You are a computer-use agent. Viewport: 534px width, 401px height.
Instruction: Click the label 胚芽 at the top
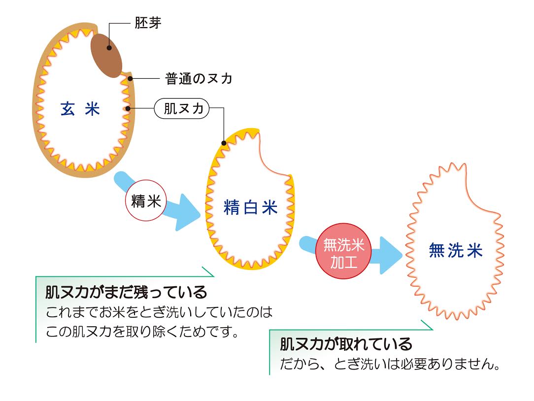coord(147,23)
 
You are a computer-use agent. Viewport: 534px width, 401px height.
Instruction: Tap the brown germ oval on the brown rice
coord(107,55)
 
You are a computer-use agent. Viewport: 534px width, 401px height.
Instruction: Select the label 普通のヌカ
coord(199,78)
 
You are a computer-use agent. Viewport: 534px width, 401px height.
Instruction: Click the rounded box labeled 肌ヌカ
coord(182,108)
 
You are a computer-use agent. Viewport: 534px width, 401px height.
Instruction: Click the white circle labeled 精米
coord(147,201)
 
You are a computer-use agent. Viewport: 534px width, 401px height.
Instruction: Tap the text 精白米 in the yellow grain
coord(251,208)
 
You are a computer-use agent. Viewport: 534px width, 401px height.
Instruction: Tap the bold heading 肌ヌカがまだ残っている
coord(126,293)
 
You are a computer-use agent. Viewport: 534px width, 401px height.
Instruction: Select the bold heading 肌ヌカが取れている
coord(346,344)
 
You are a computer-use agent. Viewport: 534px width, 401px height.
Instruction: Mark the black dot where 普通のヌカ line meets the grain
coord(129,78)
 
